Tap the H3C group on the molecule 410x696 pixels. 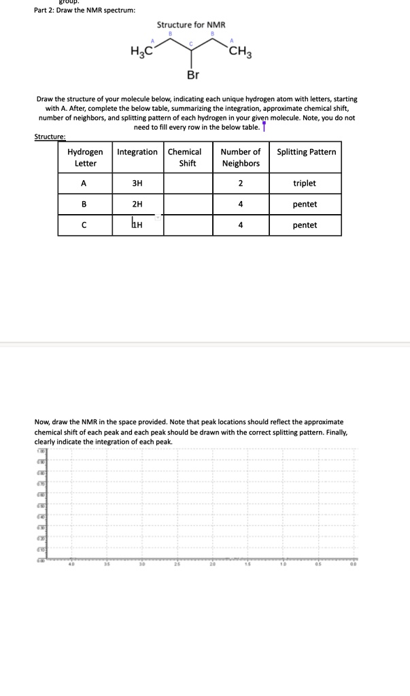point(141,51)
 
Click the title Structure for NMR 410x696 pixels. point(191,24)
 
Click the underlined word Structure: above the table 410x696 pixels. point(50,136)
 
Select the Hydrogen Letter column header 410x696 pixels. point(85,158)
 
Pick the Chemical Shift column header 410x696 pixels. point(188,158)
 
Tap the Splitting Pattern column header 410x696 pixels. point(306,152)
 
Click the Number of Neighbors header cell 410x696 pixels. point(241,158)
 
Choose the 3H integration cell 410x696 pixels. point(137,184)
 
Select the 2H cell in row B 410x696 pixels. point(137,204)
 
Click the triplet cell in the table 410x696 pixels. point(305,184)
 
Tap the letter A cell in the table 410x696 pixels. point(85,184)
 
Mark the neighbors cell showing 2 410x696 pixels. point(241,184)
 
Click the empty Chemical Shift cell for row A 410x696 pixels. point(188,184)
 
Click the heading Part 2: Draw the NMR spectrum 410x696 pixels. point(85,10)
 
